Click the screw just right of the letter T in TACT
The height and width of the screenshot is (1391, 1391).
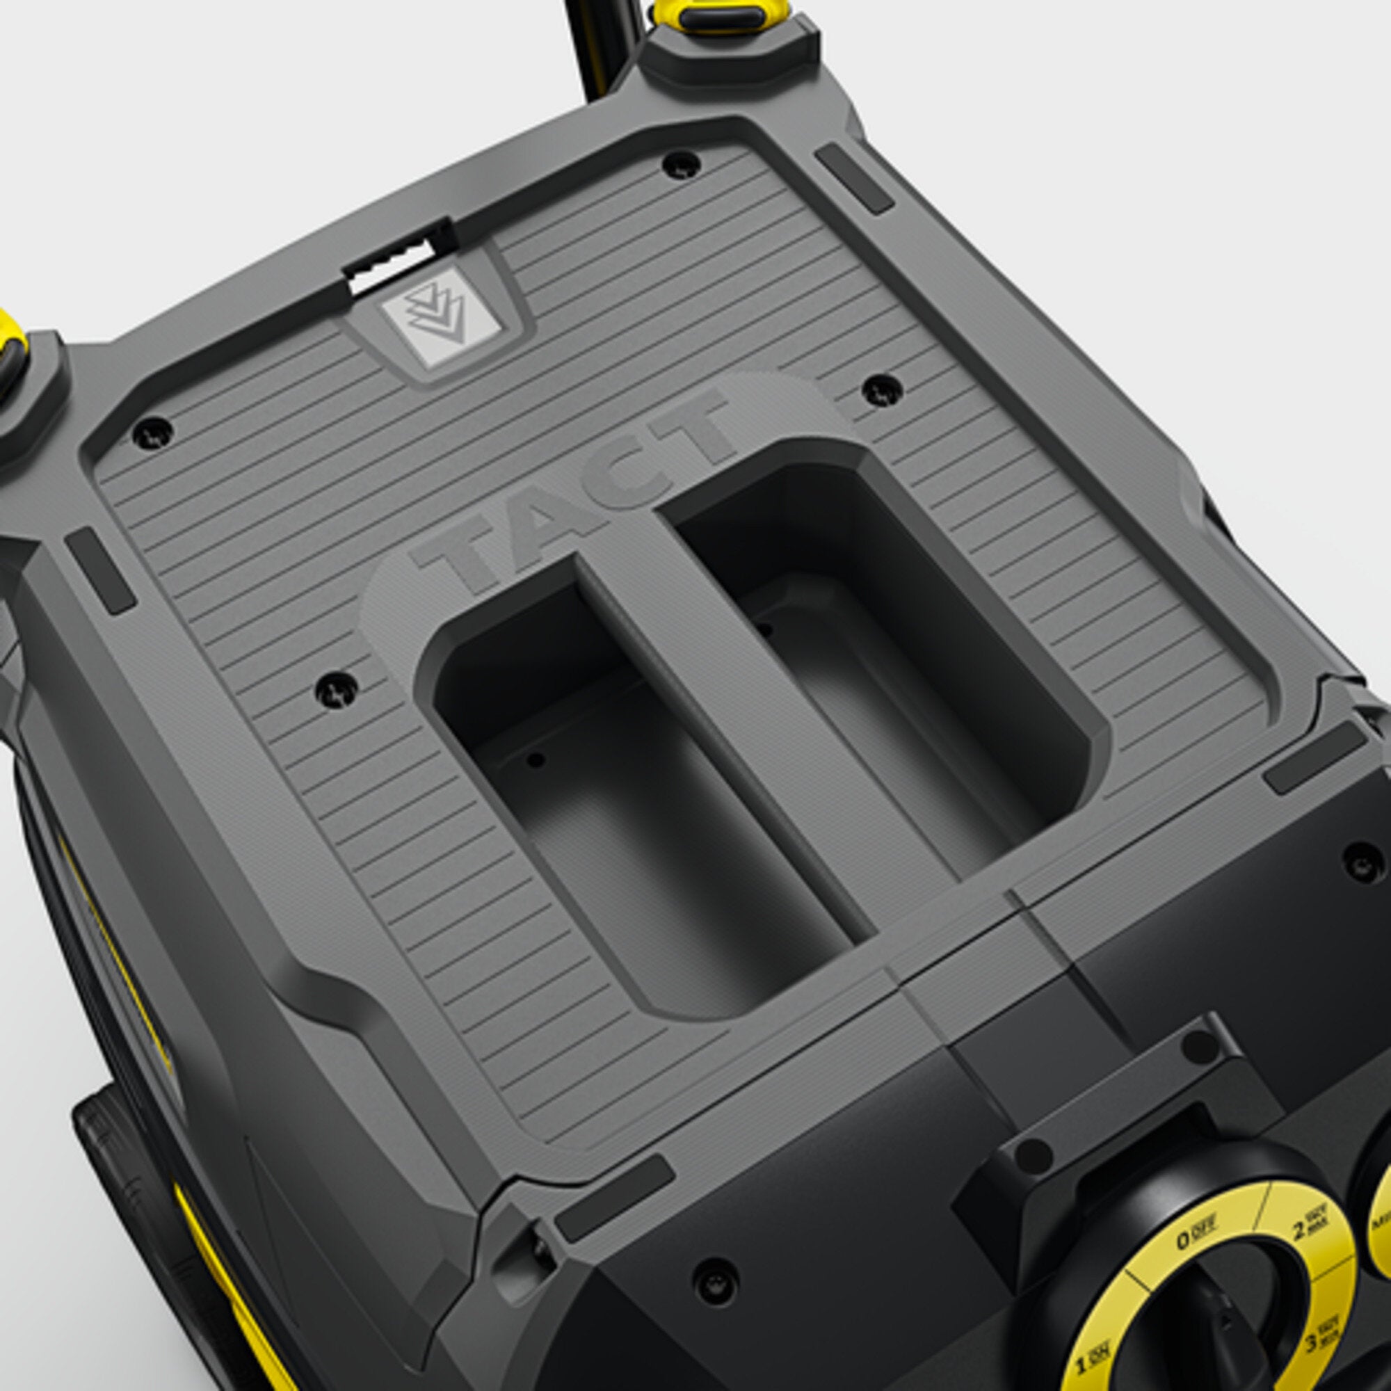click(883, 389)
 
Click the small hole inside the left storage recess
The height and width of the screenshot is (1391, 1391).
click(534, 759)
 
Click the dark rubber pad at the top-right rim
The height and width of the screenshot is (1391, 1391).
click(854, 177)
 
